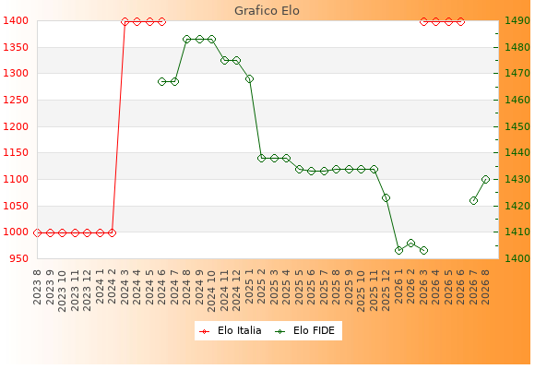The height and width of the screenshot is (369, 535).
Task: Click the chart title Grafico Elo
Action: (x=267, y=11)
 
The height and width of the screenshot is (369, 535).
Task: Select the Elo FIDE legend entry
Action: (x=305, y=331)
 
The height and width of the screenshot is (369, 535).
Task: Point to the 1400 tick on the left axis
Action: (x=16, y=21)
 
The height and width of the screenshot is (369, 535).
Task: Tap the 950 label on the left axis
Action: (x=18, y=258)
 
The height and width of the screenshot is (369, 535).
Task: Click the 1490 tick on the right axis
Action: (x=517, y=21)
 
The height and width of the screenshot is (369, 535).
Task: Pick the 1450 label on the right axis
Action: (x=517, y=126)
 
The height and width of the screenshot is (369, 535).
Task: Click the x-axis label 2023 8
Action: (x=37, y=287)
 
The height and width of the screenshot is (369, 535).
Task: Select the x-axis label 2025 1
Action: (x=249, y=287)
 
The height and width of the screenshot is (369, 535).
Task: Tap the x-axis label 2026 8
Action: (x=485, y=287)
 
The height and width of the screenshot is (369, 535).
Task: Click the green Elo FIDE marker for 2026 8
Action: (x=485, y=180)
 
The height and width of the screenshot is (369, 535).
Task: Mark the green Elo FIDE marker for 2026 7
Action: (x=473, y=201)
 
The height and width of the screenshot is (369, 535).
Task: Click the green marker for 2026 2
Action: (x=410, y=243)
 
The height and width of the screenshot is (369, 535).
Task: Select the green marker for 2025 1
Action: (x=249, y=78)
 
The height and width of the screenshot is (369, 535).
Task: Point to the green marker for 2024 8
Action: (x=186, y=40)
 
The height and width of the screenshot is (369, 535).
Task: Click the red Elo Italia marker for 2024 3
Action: (x=125, y=22)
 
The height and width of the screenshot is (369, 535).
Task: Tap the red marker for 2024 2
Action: (x=112, y=232)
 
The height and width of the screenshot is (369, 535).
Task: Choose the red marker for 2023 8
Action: (x=37, y=232)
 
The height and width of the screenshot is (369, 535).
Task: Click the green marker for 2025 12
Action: (x=386, y=198)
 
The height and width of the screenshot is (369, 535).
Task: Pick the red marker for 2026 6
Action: (x=460, y=22)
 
